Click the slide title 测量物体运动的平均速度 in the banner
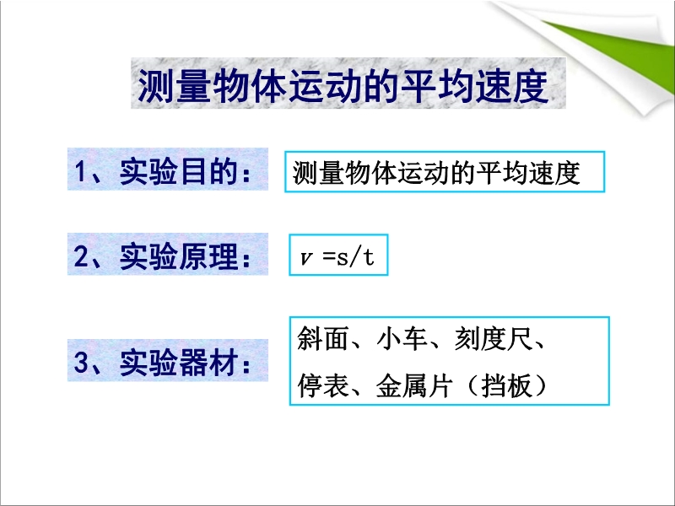pyautogui.click(x=343, y=87)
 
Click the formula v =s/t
pyautogui.click(x=337, y=257)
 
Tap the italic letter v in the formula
pyautogui.click(x=306, y=259)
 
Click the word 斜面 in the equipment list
pyautogui.click(x=323, y=338)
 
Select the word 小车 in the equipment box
pyautogui.click(x=402, y=338)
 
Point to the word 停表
pyautogui.click(x=323, y=385)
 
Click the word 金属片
pyautogui.click(x=414, y=385)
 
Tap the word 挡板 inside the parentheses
pyautogui.click(x=507, y=385)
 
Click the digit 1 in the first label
pyautogui.click(x=80, y=172)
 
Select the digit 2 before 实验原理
pyautogui.click(x=81, y=256)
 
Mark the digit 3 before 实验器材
pyautogui.click(x=81, y=363)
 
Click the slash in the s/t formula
pyautogui.click(x=354, y=257)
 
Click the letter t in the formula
pyautogui.click(x=368, y=257)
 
